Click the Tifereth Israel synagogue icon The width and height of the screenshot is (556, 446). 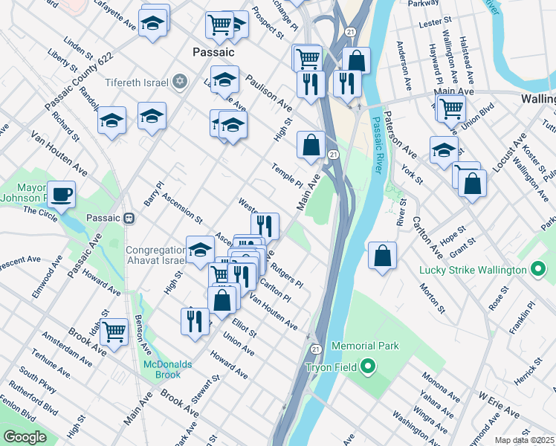178,81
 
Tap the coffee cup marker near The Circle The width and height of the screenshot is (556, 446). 61,195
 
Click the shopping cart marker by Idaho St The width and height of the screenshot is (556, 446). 114,331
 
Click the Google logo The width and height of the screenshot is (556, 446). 25,437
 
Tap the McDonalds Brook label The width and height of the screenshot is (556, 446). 168,369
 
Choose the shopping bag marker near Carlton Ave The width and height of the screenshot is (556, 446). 382,256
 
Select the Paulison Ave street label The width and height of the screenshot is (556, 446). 268,92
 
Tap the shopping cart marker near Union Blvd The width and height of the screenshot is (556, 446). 450,109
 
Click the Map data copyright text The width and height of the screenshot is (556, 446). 524,440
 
